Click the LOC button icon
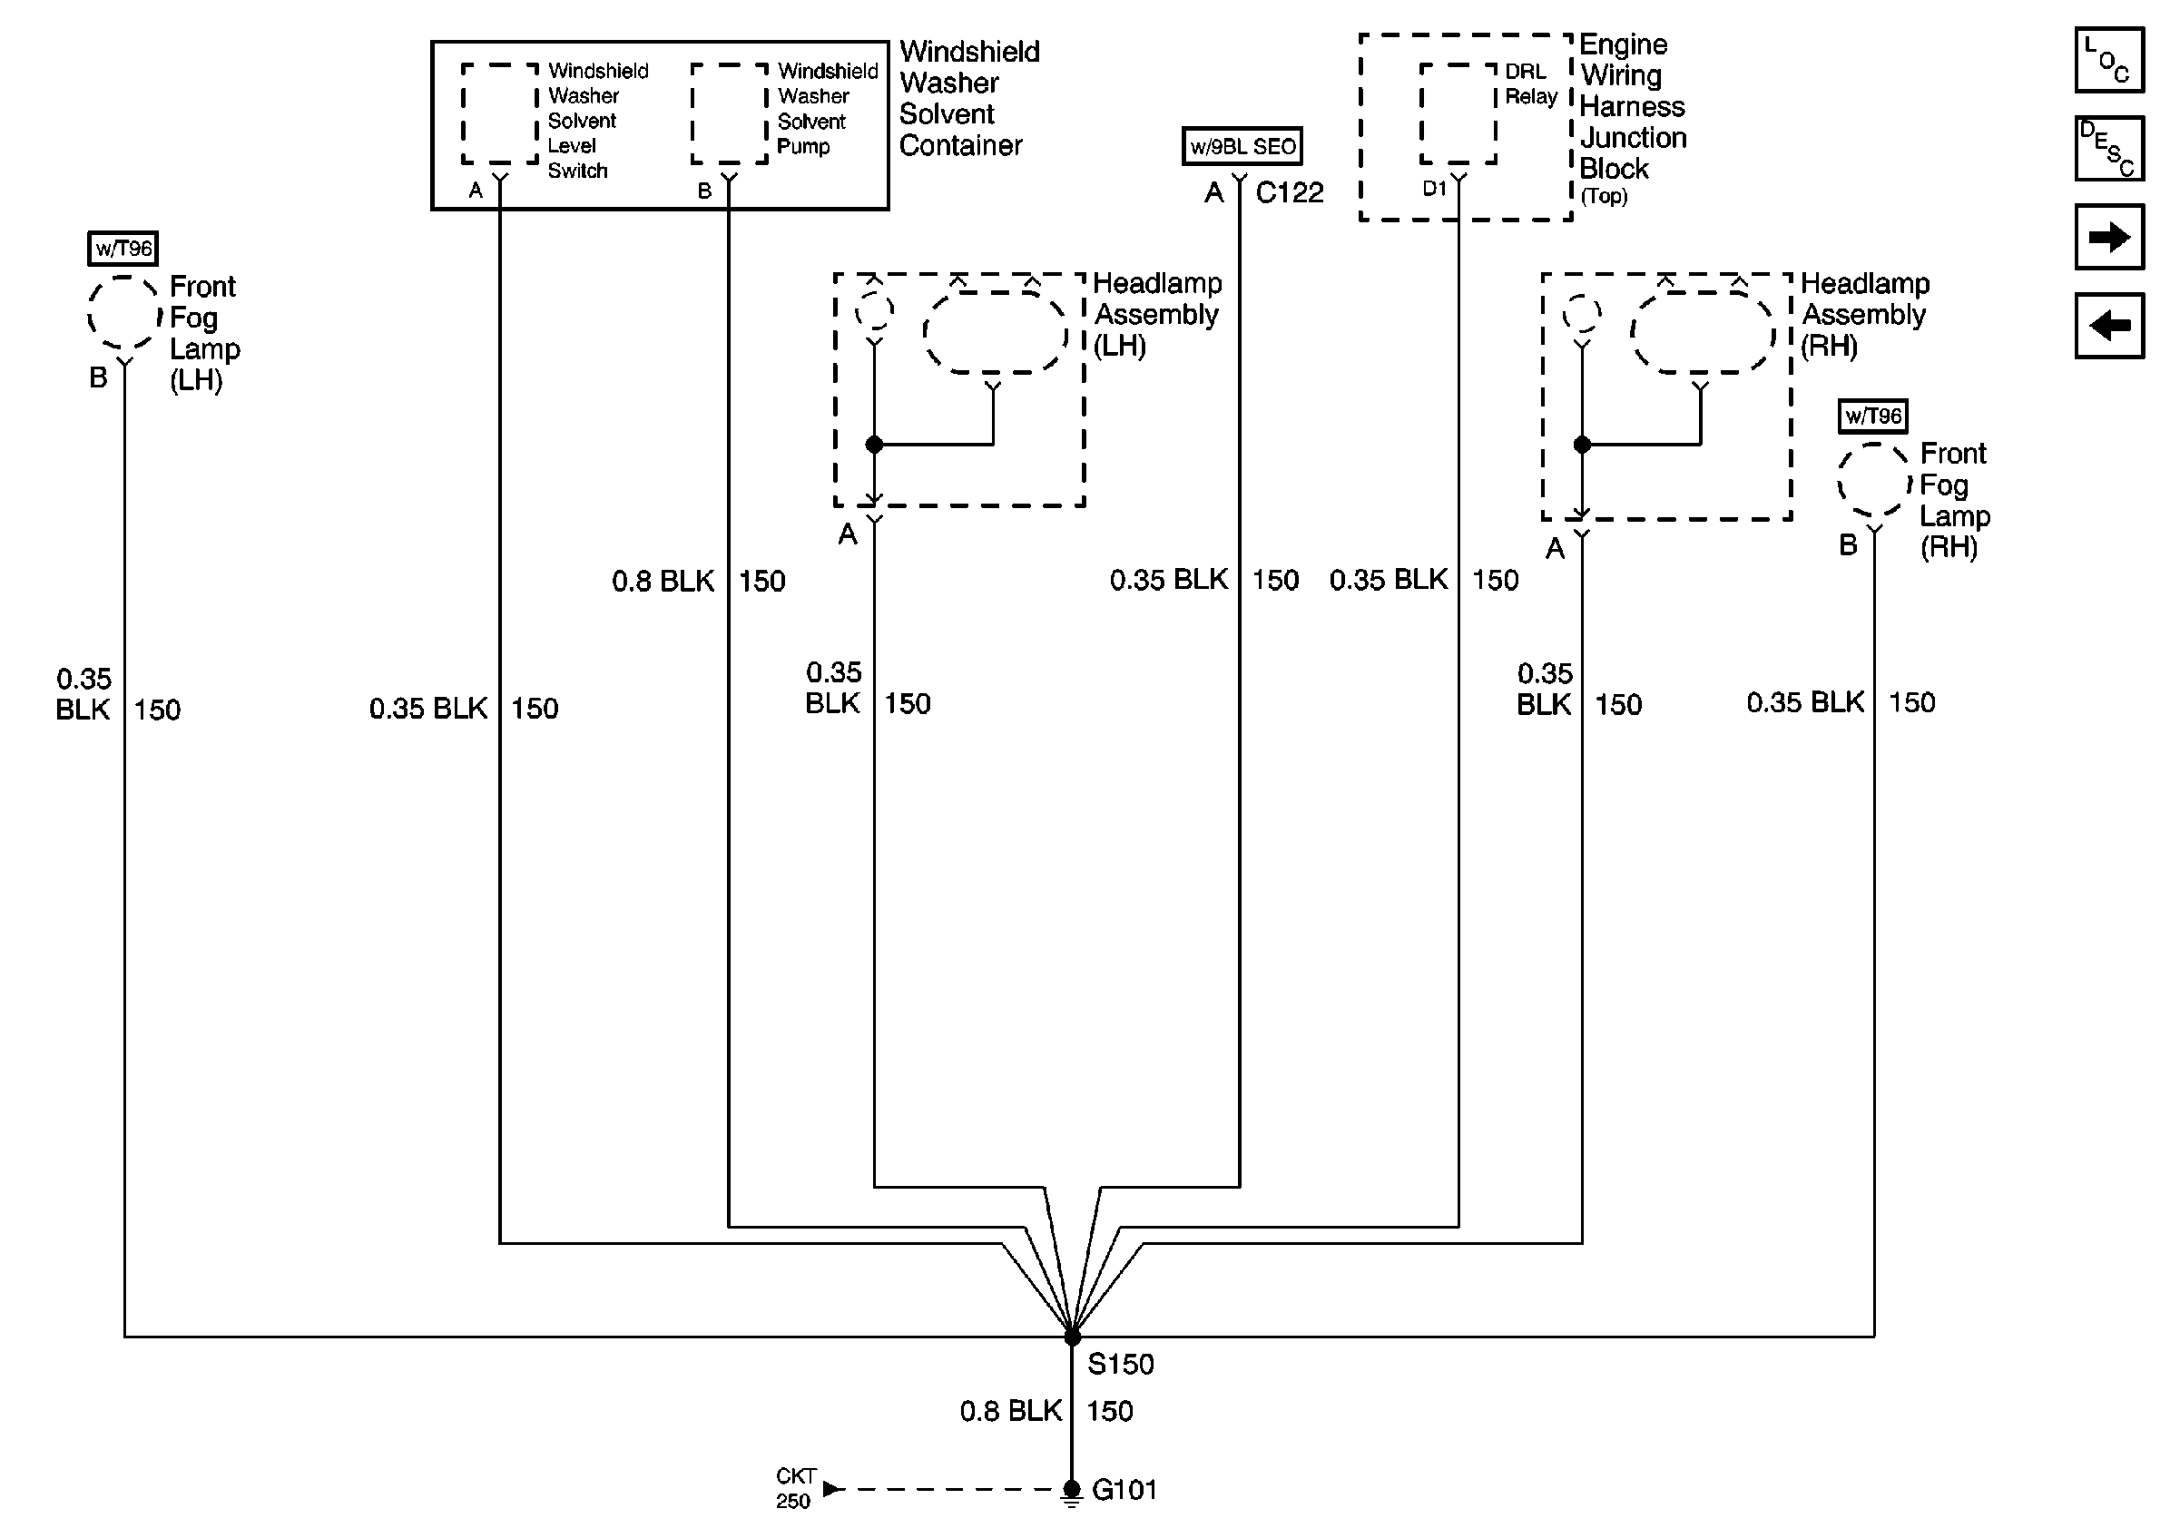(x=2109, y=60)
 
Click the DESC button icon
(x=2109, y=148)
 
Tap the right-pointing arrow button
(x=2109, y=236)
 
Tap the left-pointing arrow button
(x=2109, y=326)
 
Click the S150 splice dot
(x=1072, y=1337)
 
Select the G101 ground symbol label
(x=1124, y=1489)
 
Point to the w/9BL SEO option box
(x=1242, y=146)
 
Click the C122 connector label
(x=1289, y=192)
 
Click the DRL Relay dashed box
(x=1458, y=114)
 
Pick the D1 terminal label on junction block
(x=1434, y=189)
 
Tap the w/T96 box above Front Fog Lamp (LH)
(x=123, y=249)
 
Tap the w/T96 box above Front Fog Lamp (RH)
(x=1872, y=416)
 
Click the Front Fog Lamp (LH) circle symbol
(x=123, y=313)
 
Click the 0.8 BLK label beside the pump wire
(x=663, y=581)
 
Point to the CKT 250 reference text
(x=794, y=1488)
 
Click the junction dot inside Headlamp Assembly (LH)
(x=875, y=445)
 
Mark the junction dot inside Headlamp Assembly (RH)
(x=1582, y=445)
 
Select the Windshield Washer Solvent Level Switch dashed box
(x=500, y=114)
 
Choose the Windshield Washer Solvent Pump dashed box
(x=729, y=114)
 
